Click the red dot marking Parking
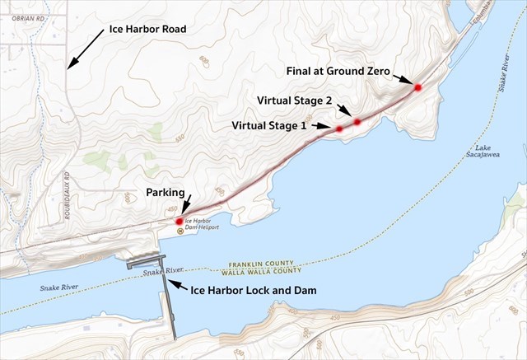click(179, 222)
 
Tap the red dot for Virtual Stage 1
click(339, 129)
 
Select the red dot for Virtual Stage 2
click(357, 122)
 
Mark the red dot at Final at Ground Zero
click(418, 87)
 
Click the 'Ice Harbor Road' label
click(147, 30)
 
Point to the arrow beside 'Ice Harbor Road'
click(85, 50)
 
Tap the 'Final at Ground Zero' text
click(338, 71)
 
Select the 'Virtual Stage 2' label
click(294, 100)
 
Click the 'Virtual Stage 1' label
click(269, 126)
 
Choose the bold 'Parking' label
click(165, 193)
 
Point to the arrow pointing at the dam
click(176, 285)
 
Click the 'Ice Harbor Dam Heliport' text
click(202, 222)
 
